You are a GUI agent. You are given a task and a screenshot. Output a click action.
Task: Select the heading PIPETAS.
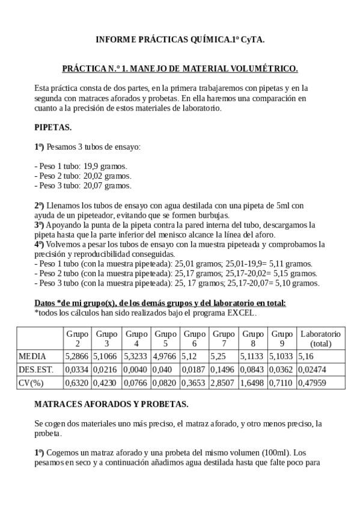click(53, 127)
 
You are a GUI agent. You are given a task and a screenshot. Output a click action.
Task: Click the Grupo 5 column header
click(165, 338)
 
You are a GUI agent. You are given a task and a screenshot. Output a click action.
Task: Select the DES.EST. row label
click(37, 369)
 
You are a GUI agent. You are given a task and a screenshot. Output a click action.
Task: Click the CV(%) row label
click(32, 382)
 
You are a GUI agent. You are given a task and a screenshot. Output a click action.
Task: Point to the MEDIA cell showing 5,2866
click(77, 356)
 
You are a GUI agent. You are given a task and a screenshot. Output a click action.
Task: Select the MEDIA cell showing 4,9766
click(165, 356)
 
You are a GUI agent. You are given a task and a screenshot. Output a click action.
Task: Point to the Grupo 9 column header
click(282, 338)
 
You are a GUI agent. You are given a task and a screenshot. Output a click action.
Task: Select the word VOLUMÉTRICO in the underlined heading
click(262, 69)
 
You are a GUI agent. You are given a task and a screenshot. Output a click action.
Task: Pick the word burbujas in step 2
click(213, 215)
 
